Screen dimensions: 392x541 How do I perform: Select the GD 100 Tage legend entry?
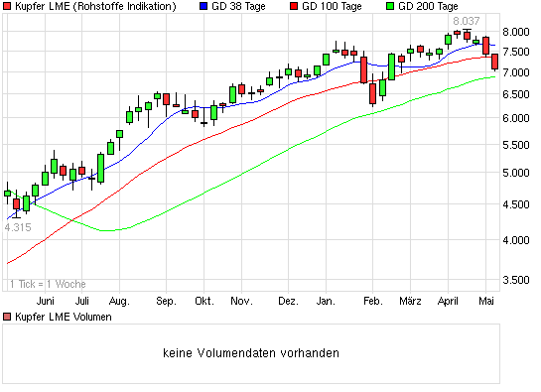coord(327,7)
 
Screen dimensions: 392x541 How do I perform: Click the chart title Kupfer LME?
coord(95,7)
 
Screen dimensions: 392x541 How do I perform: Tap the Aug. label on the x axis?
coord(120,300)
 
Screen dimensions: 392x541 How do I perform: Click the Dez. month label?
coord(288,300)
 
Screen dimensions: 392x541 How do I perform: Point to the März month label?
coord(411,300)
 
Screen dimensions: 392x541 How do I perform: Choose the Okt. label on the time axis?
coord(204,300)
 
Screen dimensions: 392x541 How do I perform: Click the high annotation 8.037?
coord(466,21)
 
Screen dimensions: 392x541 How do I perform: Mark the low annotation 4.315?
coord(18,227)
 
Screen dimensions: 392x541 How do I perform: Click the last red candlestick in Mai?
coord(495,62)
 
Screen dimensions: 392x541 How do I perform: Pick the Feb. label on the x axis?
coord(372,300)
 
